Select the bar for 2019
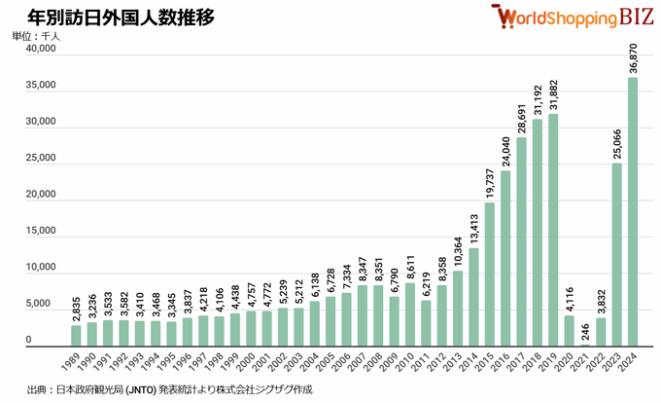(553, 230)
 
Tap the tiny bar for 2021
(585, 345)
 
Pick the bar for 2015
(489, 274)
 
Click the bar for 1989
(76, 335)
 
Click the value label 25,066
(617, 140)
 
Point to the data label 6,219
(426, 283)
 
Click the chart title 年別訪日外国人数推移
(121, 18)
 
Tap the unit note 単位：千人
(36, 36)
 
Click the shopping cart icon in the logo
(503, 18)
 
